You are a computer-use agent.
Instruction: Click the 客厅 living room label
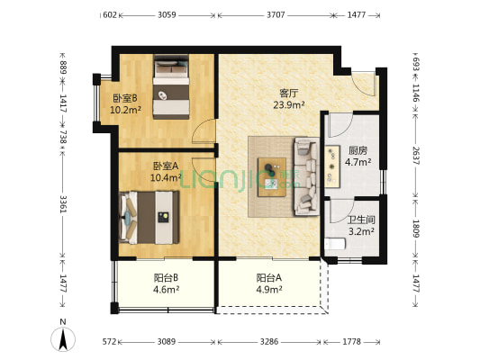coord(289,92)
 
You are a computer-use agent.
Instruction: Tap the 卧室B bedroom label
coord(123,98)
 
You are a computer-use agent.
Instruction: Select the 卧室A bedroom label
coord(164,166)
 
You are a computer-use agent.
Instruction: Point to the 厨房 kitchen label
coord(358,150)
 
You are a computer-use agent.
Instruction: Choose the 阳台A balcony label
coord(269,277)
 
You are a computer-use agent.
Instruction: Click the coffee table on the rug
coord(271,170)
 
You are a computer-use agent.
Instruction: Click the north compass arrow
coord(65,338)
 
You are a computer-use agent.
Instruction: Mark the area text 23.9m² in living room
coord(289,104)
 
